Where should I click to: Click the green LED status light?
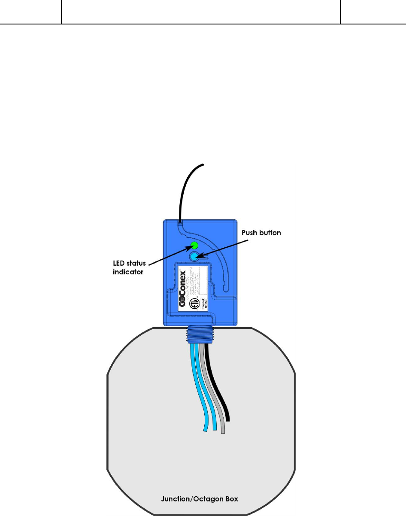click(194, 246)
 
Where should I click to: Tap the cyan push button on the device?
click(194, 257)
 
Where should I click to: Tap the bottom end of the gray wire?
click(222, 431)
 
